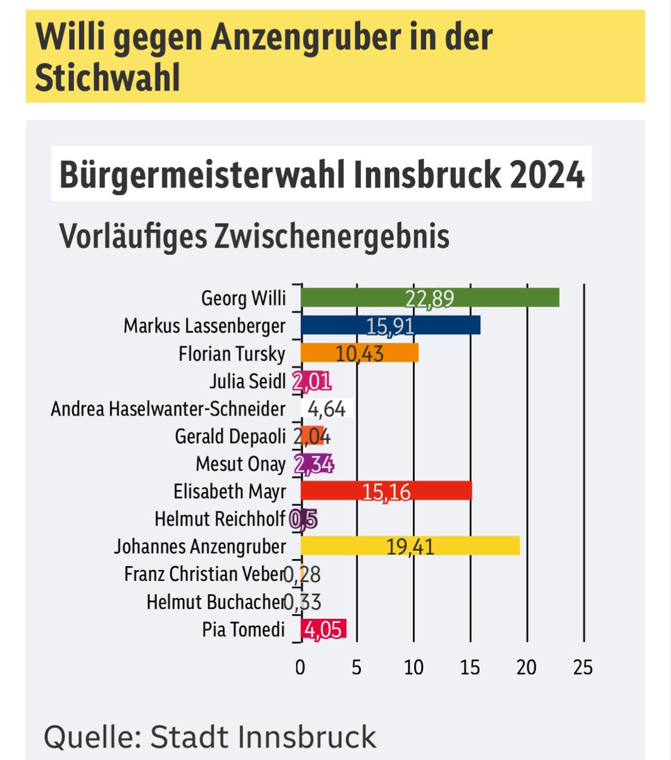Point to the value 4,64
click(x=326, y=408)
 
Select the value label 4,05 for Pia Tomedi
click(x=323, y=630)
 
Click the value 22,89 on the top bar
click(x=430, y=298)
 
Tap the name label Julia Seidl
click(x=248, y=381)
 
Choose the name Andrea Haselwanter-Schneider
click(x=168, y=409)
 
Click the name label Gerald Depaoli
click(x=230, y=436)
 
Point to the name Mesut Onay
click(x=241, y=464)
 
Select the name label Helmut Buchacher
click(x=215, y=602)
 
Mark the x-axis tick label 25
click(x=582, y=667)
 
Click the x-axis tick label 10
click(x=413, y=667)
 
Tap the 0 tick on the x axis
click(x=300, y=667)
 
